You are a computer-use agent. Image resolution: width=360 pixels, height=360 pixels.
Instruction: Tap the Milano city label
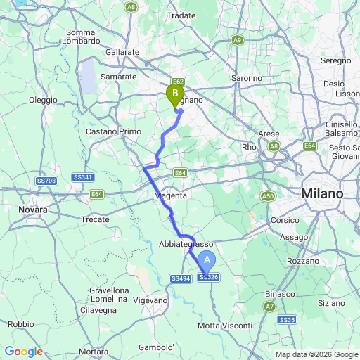click(322, 193)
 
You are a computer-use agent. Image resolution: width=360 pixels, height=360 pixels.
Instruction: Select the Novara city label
click(32, 210)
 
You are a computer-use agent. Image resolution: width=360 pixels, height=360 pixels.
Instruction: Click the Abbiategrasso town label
click(186, 243)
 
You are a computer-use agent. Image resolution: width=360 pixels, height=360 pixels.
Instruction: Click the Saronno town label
click(247, 78)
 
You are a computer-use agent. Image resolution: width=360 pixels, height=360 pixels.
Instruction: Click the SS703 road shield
click(46, 181)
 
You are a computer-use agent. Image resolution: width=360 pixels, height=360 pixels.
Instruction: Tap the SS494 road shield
click(181, 279)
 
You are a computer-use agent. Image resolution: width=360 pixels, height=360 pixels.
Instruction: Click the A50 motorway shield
click(268, 196)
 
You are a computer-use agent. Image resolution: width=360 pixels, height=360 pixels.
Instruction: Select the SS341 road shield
click(83, 177)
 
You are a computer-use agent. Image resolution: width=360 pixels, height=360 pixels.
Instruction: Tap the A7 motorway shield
click(271, 307)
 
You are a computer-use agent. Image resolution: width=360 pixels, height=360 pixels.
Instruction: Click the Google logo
click(24, 352)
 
